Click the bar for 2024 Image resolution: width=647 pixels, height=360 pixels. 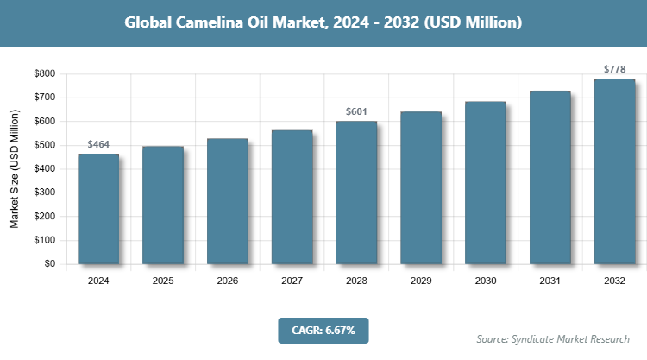pos(98,209)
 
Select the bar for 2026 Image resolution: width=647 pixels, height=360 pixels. pos(227,201)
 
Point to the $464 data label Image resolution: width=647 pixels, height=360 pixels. pos(98,145)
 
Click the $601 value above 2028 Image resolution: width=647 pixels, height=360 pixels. pos(356,112)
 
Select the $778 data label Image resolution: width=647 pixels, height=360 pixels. pos(614,70)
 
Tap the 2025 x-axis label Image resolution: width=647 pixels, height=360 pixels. pos(163,281)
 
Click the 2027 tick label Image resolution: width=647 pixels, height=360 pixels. pos(292,281)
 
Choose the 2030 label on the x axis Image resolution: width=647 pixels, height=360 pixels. pos(486,281)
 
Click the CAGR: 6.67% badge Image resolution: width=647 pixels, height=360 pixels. pos(323,330)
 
